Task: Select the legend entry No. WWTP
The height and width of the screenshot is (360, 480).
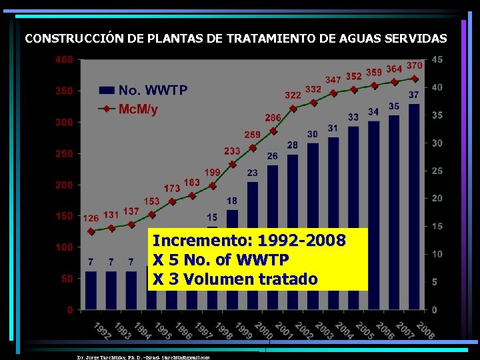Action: coord(152,90)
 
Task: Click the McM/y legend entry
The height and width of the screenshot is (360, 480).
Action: coord(138,109)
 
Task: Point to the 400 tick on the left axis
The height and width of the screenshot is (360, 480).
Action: coord(65,60)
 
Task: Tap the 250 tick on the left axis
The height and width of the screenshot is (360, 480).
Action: coord(65,154)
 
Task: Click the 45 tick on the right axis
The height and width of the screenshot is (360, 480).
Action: coord(437,60)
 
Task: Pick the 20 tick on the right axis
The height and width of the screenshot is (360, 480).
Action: coord(437,199)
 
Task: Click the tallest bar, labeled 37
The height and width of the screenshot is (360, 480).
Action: coord(414,207)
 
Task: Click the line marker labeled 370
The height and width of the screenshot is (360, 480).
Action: coord(414,78)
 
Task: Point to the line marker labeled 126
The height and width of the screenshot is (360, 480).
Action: coord(91,231)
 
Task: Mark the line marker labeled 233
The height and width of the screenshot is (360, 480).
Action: coord(232,164)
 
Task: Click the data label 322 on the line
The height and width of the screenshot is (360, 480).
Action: coord(293,95)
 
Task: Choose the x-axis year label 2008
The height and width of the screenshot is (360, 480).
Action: coord(425,330)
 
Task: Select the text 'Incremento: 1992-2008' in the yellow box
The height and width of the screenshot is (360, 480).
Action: coord(249,240)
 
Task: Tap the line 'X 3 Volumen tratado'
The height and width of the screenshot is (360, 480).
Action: coord(235,279)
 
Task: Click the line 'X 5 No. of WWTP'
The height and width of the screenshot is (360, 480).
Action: coord(221,259)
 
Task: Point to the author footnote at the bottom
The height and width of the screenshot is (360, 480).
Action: coord(143,357)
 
